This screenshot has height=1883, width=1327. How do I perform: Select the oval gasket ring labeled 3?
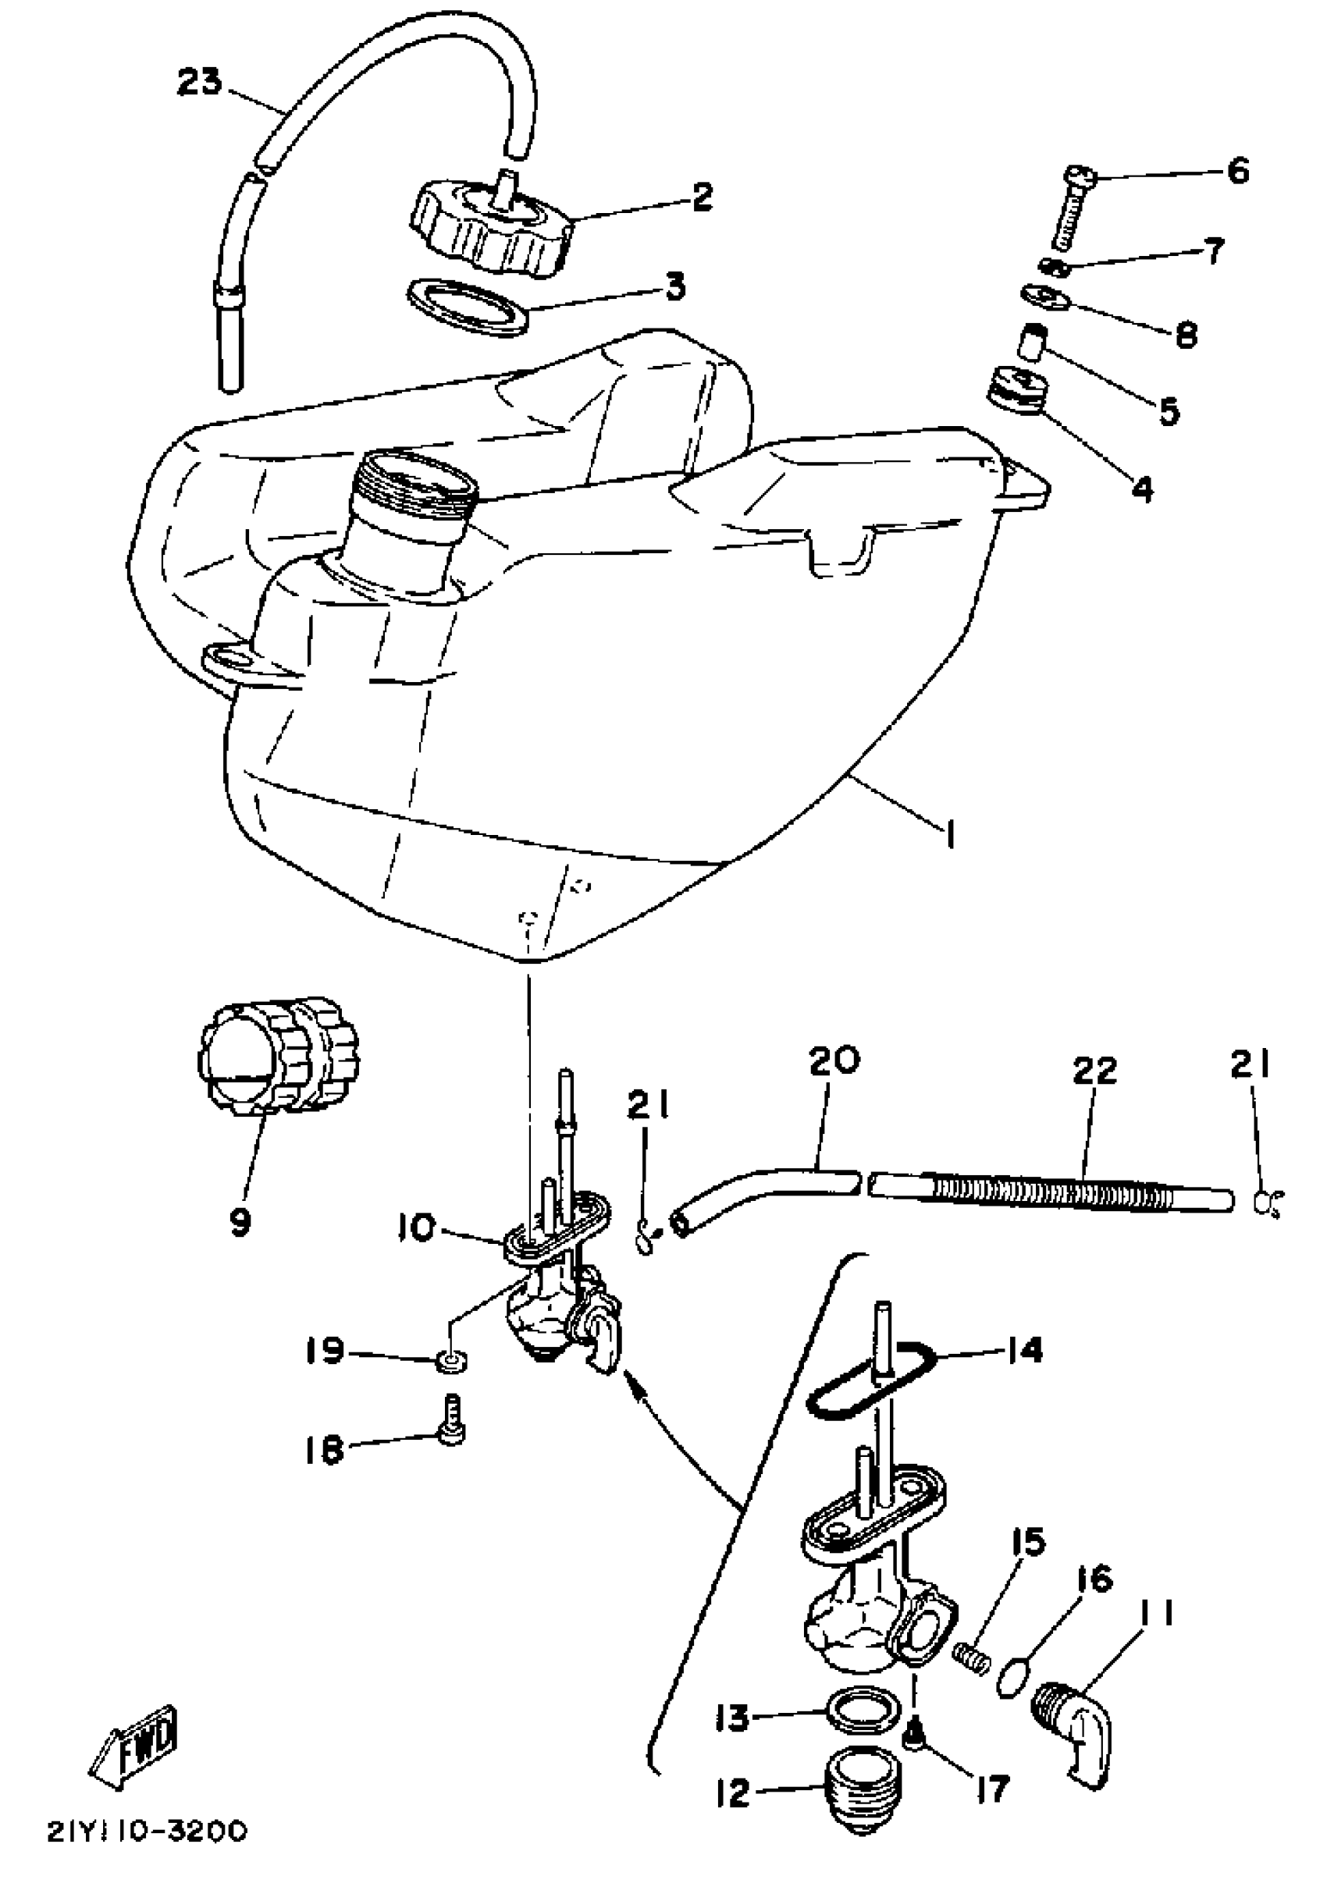(466, 307)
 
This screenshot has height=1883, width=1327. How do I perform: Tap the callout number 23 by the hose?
(199, 83)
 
